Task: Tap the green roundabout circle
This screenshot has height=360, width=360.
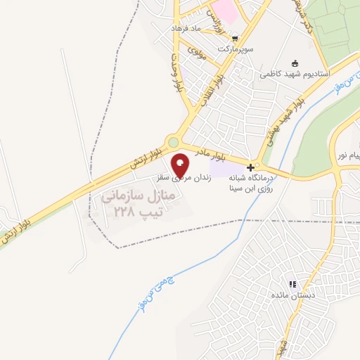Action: click(x=173, y=142)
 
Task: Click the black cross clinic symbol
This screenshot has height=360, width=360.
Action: click(x=252, y=169)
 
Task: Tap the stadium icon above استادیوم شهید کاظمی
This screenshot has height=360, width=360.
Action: click(x=294, y=62)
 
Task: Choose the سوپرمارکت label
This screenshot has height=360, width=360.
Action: click(x=236, y=49)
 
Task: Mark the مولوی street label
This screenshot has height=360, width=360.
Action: click(x=198, y=54)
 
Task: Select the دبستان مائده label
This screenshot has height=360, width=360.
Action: click(x=292, y=295)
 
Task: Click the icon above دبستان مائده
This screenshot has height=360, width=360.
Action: click(x=292, y=284)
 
